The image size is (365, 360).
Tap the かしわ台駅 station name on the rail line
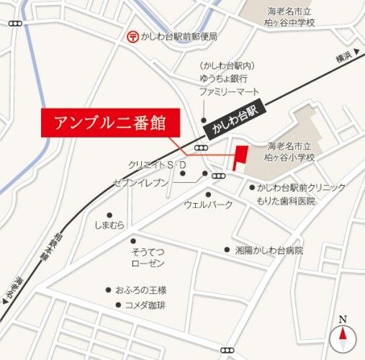coord(236,117)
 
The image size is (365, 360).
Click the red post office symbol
coord(132,35)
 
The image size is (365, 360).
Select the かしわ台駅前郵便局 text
coord(179,36)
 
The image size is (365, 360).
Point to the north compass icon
coord(343,334)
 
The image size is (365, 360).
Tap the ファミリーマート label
coord(229,91)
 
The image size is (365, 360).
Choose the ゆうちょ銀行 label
coord(224,78)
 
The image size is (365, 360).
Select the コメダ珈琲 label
coord(145,305)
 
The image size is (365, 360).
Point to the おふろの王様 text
coord(145,289)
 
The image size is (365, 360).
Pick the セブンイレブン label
coord(141,183)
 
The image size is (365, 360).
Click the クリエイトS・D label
coord(157,165)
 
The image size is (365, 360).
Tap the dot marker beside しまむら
coord(109,215)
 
